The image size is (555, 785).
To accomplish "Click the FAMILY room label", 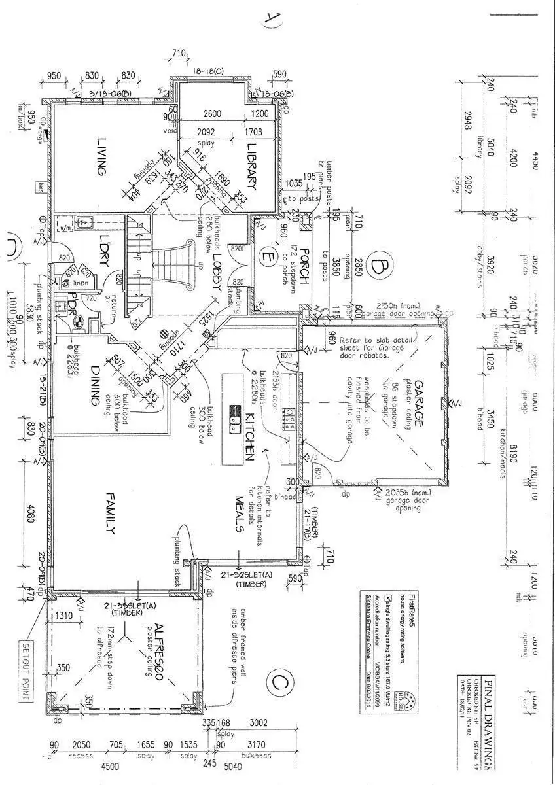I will tap(111, 512).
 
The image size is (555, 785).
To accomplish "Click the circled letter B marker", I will tap(378, 268).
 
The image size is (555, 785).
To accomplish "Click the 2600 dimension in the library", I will tap(211, 113).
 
